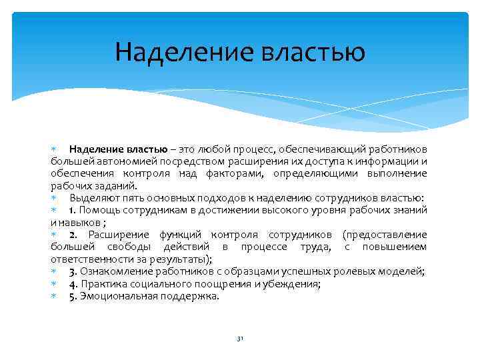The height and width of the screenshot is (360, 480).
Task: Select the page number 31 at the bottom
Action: (x=240, y=339)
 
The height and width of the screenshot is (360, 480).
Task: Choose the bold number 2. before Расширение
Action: (x=73, y=235)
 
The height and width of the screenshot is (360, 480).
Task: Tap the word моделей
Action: (x=406, y=271)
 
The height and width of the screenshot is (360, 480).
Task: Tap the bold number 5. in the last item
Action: (x=73, y=296)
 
